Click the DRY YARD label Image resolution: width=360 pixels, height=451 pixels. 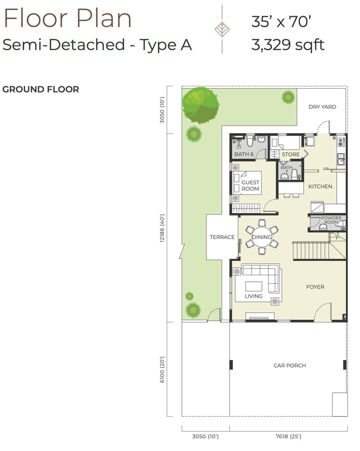point(322,107)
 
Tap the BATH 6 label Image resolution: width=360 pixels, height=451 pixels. point(244,154)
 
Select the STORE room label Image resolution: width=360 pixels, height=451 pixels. point(291,154)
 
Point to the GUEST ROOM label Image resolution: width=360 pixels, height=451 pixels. point(250,186)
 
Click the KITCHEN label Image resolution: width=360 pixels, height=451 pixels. point(320,187)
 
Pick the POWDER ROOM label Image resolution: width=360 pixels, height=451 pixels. point(331,220)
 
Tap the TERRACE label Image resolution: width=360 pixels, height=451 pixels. point(222,237)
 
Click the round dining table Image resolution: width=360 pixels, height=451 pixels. point(262,237)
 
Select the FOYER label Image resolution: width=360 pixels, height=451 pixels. point(315,287)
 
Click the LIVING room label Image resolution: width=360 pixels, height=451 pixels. point(254,296)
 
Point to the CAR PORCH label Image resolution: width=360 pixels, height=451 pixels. point(290,366)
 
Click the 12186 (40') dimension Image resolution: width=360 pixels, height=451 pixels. point(162,228)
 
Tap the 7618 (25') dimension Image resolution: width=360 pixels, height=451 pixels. point(288,436)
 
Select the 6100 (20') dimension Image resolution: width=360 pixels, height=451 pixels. point(162,369)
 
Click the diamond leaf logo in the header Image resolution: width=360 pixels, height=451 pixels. point(222,30)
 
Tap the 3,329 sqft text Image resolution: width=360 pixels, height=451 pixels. point(288,45)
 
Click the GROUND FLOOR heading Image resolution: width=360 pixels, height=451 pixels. point(40,89)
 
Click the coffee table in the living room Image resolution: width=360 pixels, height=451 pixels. point(254,286)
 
